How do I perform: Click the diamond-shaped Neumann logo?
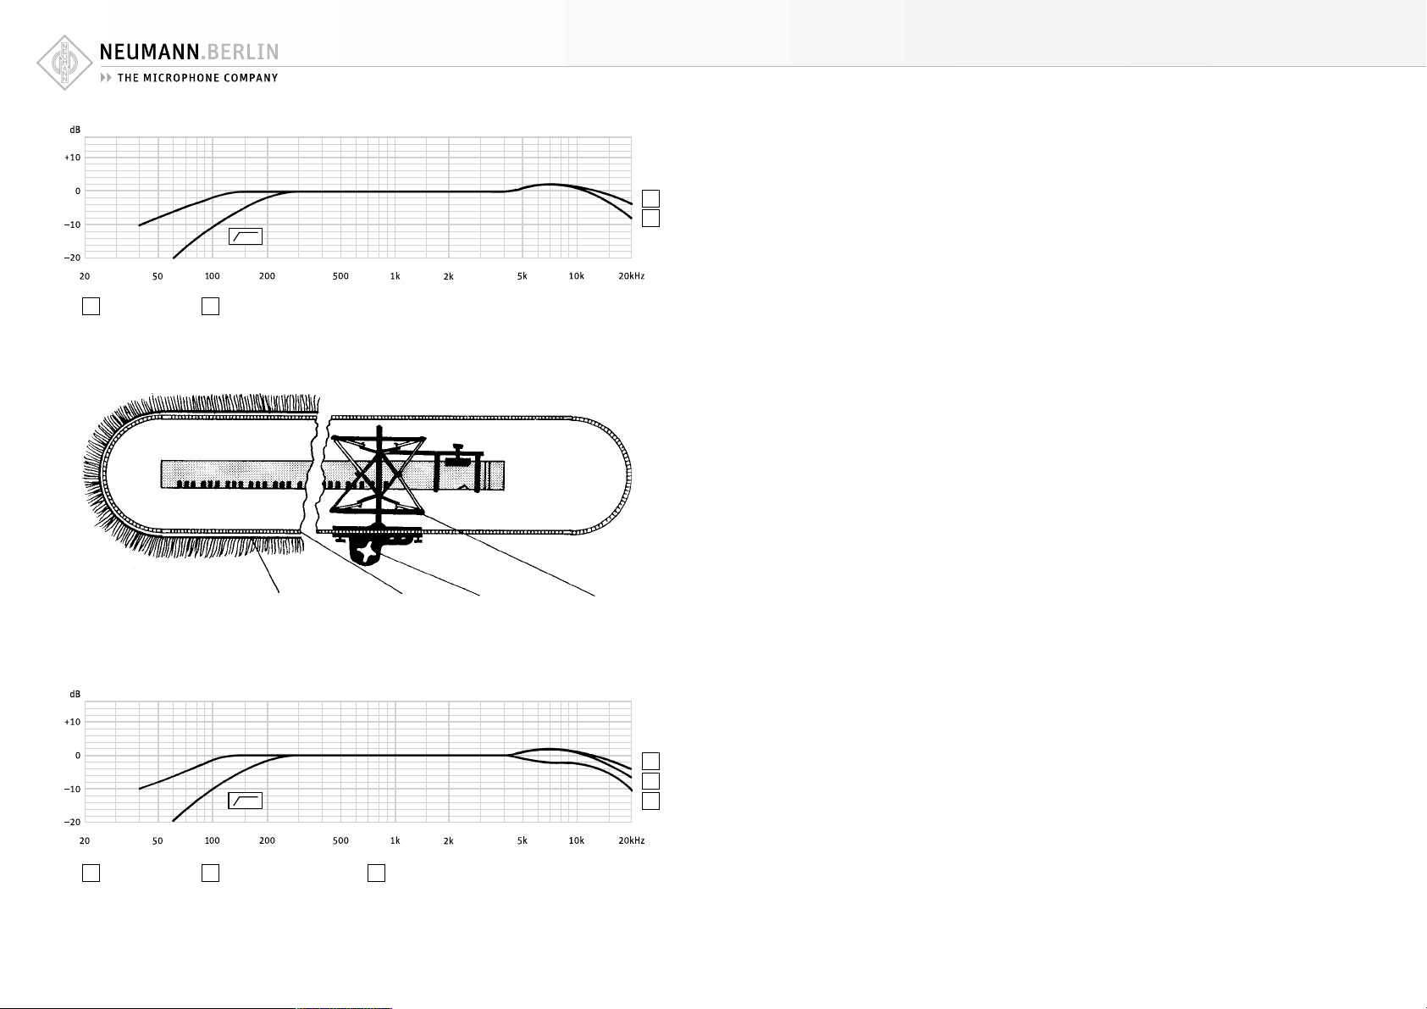click(x=64, y=63)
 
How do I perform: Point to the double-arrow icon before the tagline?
click(x=106, y=78)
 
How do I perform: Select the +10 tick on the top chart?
click(x=73, y=158)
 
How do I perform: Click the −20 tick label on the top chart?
click(x=72, y=258)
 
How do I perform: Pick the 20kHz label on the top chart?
click(x=631, y=276)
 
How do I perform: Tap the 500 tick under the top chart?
click(x=340, y=276)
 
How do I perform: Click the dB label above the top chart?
click(x=75, y=130)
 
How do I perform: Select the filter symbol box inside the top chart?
click(x=246, y=236)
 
